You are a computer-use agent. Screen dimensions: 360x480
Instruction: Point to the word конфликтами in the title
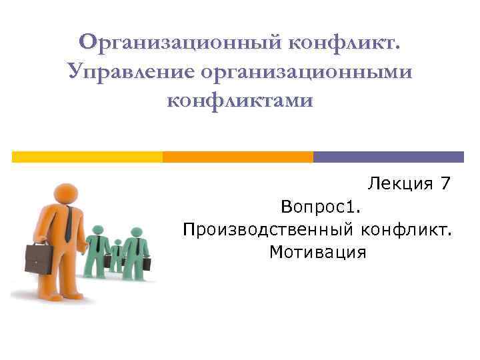pyautogui.click(x=239, y=101)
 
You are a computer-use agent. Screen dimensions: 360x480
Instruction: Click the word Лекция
pyautogui.click(x=398, y=183)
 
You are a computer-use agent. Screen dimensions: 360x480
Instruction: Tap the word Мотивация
pyautogui.click(x=318, y=252)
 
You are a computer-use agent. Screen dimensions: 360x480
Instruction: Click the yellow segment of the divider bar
pyautogui.click(x=87, y=157)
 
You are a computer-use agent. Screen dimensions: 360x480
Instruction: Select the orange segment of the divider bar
pyautogui.click(x=237, y=157)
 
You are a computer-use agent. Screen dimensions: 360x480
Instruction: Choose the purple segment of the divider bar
pyautogui.click(x=388, y=157)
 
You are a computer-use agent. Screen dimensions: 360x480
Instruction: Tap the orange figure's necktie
pyautogui.click(x=69, y=223)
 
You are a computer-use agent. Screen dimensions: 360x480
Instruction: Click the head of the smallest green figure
pyautogui.click(x=117, y=243)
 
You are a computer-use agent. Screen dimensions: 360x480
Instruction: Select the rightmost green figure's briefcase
pyautogui.click(x=147, y=263)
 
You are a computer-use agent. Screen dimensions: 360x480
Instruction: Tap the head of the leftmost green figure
pyautogui.click(x=98, y=230)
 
